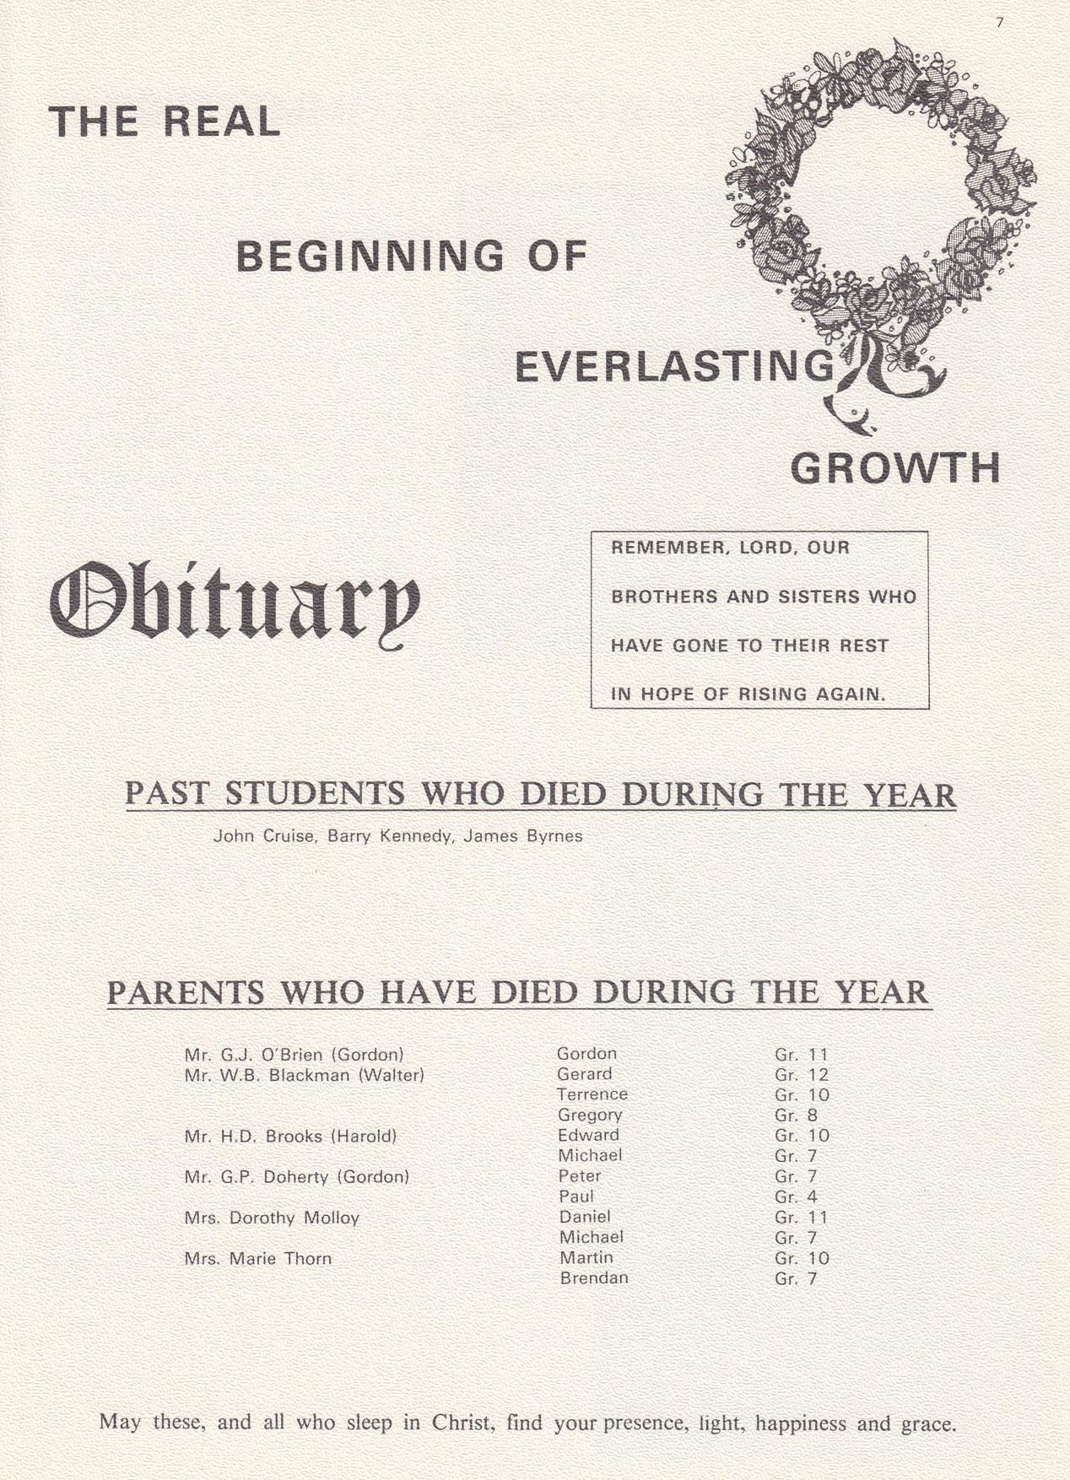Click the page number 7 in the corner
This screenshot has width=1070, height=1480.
1000,23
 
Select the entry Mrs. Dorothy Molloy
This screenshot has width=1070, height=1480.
272,1218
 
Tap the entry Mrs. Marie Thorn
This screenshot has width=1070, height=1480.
258,1259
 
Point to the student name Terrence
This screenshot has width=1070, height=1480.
592,1094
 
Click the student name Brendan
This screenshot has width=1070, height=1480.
594,1278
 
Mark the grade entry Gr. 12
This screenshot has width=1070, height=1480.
802,1075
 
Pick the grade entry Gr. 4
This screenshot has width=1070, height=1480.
796,1197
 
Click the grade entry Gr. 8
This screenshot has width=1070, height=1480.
796,1115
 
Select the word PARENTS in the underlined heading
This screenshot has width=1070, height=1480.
186,992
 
